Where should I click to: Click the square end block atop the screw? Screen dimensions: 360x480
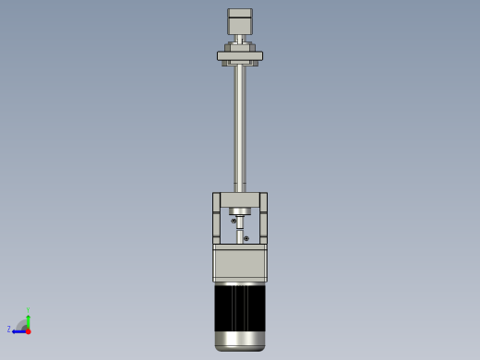240,22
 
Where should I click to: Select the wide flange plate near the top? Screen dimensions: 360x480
240,56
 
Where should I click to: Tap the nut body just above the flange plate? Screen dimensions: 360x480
240,47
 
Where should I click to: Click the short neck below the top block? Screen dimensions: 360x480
240,38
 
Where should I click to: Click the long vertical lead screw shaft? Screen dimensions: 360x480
240,129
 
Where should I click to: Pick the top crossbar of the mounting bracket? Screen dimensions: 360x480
240,199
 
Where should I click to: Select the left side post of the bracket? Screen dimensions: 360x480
217,218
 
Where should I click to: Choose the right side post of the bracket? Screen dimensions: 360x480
263,218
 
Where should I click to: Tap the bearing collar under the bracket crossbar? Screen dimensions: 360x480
240,211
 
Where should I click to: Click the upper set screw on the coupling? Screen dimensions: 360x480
234,221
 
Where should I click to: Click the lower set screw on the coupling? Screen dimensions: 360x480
246,238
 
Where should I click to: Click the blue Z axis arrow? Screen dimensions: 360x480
18,330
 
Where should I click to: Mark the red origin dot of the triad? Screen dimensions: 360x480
28,330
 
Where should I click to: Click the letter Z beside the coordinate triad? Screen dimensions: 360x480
9,330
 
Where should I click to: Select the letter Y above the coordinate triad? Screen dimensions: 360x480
28,311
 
